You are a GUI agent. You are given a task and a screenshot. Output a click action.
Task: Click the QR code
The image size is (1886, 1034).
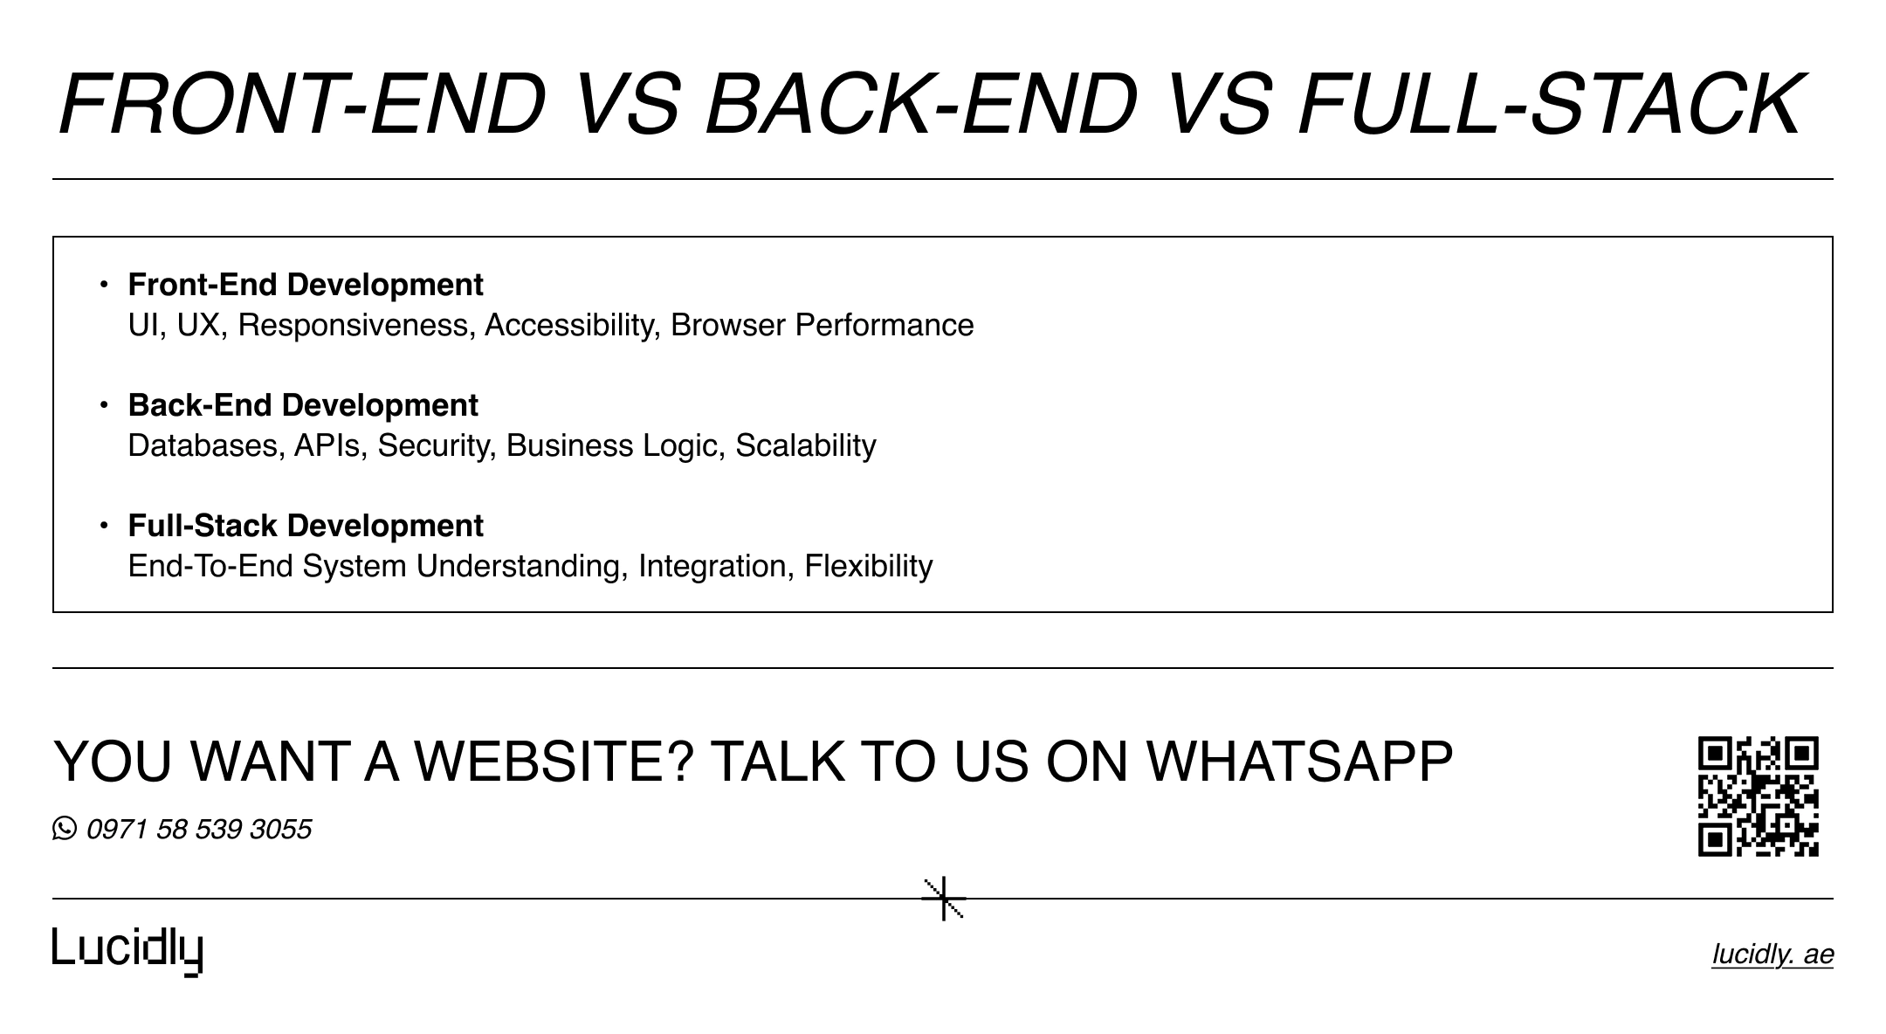pos(1758,796)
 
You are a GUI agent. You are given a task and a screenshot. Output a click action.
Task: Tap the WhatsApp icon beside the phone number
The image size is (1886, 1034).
pos(65,828)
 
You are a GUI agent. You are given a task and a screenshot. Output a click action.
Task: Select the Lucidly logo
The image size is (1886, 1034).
pos(127,950)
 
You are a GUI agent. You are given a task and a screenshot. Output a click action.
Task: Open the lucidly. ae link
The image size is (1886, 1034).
pos(1772,955)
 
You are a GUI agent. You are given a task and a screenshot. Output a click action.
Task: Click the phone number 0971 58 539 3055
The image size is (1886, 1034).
pos(199,829)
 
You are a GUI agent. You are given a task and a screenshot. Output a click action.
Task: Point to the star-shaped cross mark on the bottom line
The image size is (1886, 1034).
pos(944,899)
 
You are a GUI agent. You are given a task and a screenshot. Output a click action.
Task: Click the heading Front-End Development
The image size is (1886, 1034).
pos(306,285)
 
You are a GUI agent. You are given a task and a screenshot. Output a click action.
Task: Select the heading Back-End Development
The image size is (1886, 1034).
pos(303,405)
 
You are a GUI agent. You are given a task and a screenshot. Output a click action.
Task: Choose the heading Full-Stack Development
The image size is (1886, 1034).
pos(306,526)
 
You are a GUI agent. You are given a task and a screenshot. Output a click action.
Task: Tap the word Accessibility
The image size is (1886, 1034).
pos(571,325)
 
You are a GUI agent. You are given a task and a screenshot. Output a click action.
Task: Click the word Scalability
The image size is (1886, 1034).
pos(805,445)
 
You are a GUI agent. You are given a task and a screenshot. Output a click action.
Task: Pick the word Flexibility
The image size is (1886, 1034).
pos(868,566)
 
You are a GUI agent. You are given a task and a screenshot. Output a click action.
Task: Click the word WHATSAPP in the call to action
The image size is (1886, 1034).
pos(1299,761)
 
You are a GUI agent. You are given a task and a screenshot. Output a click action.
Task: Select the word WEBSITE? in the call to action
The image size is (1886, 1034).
pos(554,761)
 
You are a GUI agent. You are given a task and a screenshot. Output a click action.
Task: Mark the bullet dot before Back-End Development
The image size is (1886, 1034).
pos(104,405)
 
